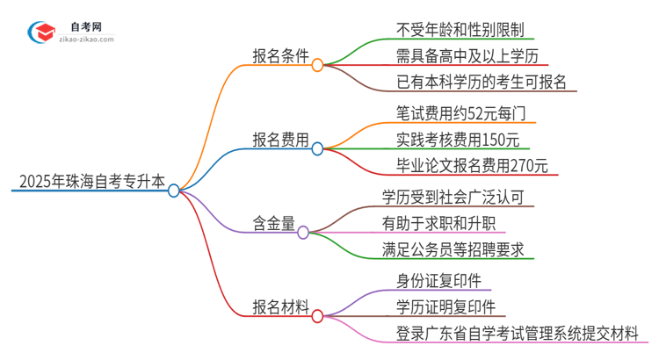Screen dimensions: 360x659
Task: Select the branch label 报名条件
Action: [279, 54]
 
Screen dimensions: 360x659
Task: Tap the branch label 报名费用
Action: [279, 139]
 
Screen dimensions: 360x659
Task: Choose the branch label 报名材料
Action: [279, 308]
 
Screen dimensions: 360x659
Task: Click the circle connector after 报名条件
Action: [317, 64]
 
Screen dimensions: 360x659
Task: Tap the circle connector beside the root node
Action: [174, 191]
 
